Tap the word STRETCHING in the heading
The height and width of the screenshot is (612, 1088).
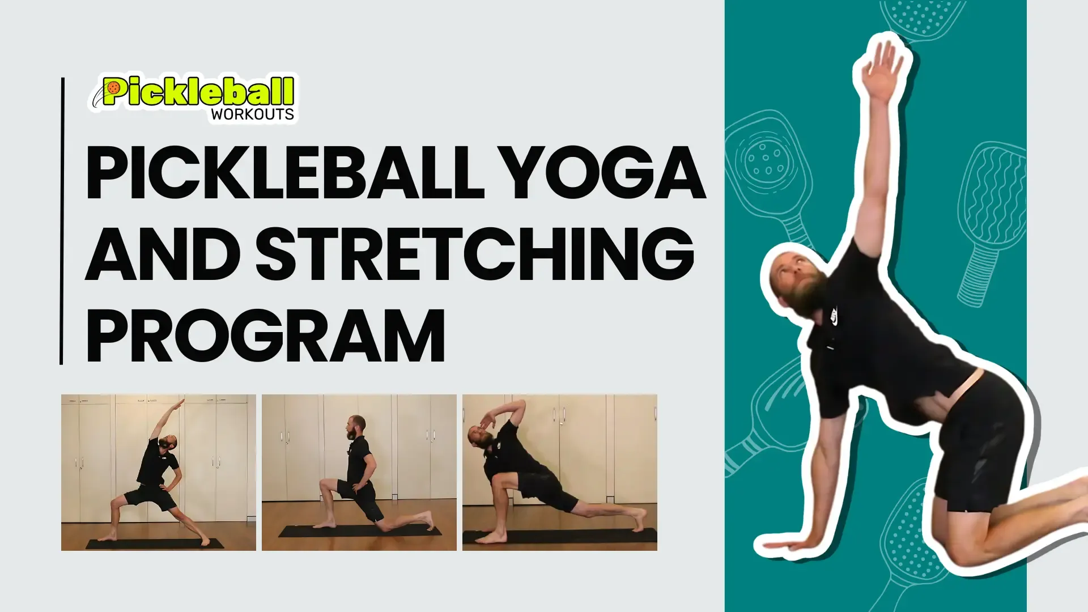pyautogui.click(x=475, y=253)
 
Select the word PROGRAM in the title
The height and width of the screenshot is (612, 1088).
pyautogui.click(x=265, y=335)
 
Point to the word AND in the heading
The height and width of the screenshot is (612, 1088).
pyautogui.click(x=163, y=253)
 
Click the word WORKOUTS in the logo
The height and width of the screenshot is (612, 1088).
pyautogui.click(x=252, y=114)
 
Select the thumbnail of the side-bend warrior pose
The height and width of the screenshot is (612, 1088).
pyautogui.click(x=159, y=473)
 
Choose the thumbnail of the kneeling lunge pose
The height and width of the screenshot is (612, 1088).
pyautogui.click(x=359, y=473)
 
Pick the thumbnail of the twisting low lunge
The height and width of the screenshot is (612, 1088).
pyautogui.click(x=560, y=473)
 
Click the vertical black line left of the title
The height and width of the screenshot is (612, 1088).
pyautogui.click(x=62, y=221)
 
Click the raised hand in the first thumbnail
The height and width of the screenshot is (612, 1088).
pyautogui.click(x=179, y=404)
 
